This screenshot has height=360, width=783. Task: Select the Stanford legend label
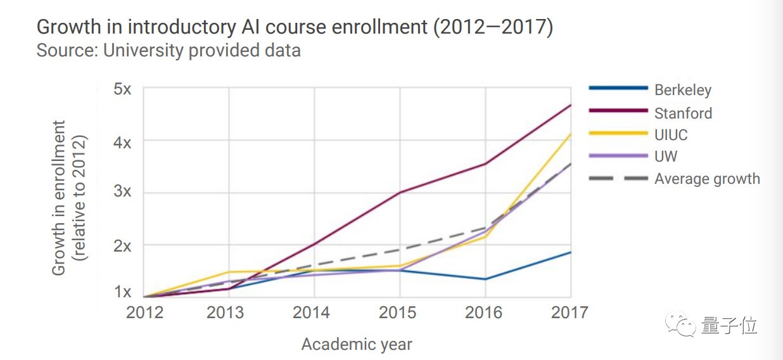coord(684,113)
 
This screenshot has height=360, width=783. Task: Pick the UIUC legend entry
coord(671,134)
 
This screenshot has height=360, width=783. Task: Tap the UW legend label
coord(666,157)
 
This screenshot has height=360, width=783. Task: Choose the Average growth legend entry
coord(707,179)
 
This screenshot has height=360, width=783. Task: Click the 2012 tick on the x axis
coord(144,312)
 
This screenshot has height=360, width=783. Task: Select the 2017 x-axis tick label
coord(570,312)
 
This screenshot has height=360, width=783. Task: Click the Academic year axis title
coord(357,344)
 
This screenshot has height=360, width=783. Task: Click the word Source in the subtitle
coord(63,50)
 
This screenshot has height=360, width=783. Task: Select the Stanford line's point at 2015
coord(400,192)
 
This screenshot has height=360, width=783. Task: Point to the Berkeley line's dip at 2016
coord(485,279)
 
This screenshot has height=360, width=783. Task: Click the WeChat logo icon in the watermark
coord(685,326)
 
